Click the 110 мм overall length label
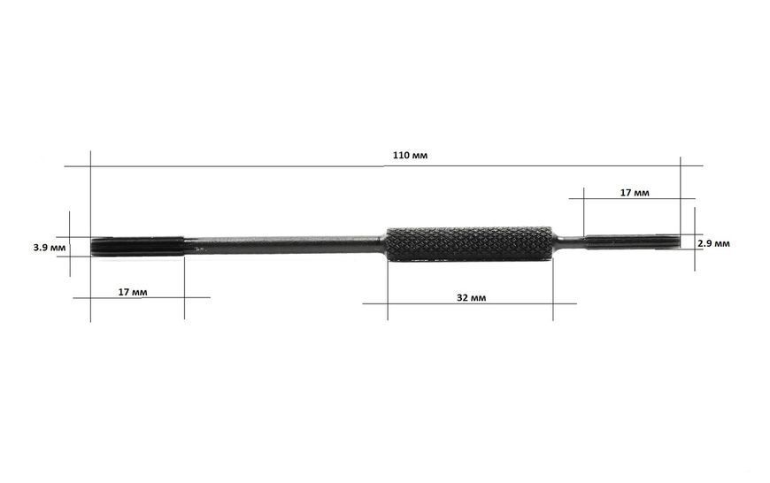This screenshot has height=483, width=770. point(410,156)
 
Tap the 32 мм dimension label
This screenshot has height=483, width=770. point(472,297)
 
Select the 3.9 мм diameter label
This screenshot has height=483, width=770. point(49,248)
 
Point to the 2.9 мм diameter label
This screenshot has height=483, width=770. point(713,243)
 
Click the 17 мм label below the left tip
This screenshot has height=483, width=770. point(133,292)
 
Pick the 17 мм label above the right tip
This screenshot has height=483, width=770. point(635,193)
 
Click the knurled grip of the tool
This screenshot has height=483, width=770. point(469,244)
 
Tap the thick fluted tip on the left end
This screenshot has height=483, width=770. point(137,246)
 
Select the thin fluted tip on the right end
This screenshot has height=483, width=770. point(633,242)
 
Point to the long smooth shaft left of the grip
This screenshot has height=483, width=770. point(284,244)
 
